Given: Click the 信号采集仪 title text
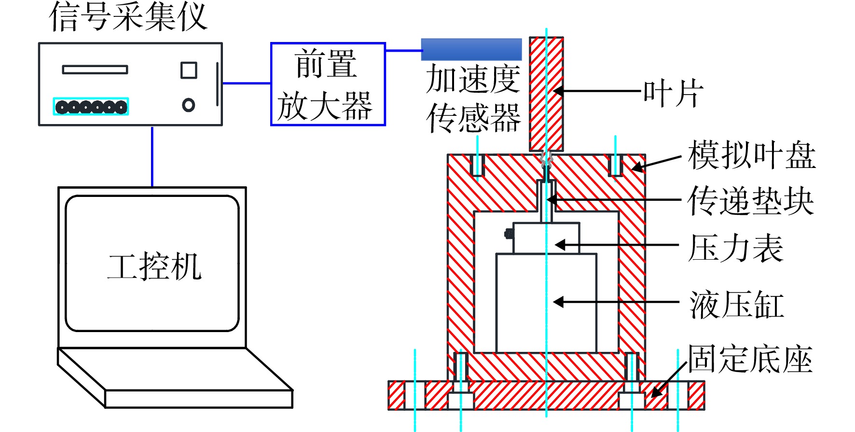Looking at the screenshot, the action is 128,16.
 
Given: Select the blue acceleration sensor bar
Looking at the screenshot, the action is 471,49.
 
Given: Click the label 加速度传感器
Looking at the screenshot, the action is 473,98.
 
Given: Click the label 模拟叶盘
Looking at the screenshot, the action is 752,155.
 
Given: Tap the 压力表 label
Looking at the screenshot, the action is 736,248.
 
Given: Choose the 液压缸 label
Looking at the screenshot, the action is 737,305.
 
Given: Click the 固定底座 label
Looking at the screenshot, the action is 750,359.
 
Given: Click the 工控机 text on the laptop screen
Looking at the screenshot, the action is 154,266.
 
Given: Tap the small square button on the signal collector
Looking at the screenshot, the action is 189,70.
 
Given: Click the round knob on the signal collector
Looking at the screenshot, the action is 189,105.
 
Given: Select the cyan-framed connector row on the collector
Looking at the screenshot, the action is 91,106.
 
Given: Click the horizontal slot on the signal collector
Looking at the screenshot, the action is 95,70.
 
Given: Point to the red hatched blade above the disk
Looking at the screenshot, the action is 546,94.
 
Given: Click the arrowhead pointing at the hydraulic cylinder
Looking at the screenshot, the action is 558,302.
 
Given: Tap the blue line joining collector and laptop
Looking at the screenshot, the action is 152,156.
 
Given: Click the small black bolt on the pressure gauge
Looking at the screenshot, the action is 509,234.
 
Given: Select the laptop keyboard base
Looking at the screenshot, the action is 175,378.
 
